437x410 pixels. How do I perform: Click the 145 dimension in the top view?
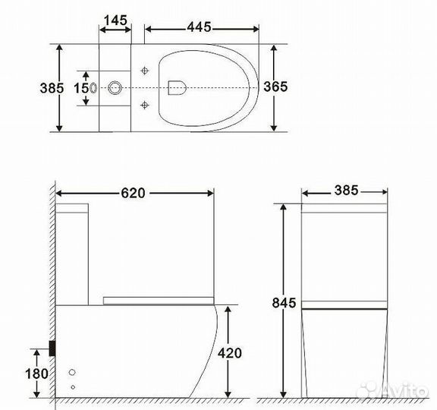pos(115,19)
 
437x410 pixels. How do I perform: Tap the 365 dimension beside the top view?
pos(275,87)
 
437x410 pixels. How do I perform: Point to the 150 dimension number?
pos(80,87)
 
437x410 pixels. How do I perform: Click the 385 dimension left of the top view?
pos(49,87)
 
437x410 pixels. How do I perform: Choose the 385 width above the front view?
pos(346,191)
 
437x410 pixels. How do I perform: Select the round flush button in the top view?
pos(115,87)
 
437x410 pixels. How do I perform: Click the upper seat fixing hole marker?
pos(145,70)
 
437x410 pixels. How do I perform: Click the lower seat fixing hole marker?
pos(145,104)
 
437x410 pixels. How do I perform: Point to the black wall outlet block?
pos(52,348)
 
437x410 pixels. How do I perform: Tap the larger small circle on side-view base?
pos(73,374)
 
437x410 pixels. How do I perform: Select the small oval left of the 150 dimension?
pos(93,87)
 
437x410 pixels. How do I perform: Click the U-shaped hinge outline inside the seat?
pos(178,87)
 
